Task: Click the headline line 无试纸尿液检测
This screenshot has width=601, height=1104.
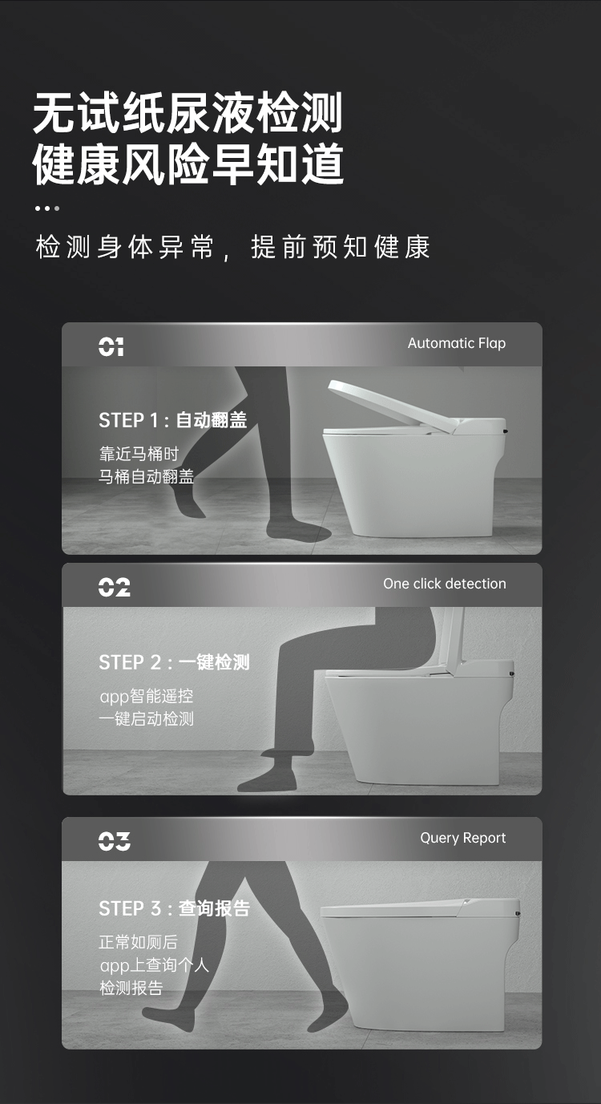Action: point(188,113)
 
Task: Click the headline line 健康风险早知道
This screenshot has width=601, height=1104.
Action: point(188,165)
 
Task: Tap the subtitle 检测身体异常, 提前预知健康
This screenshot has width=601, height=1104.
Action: point(232,247)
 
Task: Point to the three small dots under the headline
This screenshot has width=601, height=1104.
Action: point(46,208)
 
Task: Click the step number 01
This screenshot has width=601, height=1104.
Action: point(111,346)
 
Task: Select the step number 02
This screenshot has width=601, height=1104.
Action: point(113,587)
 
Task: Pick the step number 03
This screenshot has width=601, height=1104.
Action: point(114,841)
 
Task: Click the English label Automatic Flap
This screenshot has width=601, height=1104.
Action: point(456,343)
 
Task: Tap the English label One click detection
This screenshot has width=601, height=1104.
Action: point(444,584)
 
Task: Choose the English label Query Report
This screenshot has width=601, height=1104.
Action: point(462,838)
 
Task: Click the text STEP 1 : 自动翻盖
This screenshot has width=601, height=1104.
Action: point(172,420)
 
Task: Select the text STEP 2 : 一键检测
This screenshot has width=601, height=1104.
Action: point(174,662)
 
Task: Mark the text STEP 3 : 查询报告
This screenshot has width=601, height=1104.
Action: point(174,908)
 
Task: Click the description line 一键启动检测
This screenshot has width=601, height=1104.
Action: point(146,718)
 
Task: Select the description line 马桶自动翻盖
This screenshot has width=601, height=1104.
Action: point(146,476)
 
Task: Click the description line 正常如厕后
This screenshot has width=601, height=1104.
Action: point(138,942)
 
